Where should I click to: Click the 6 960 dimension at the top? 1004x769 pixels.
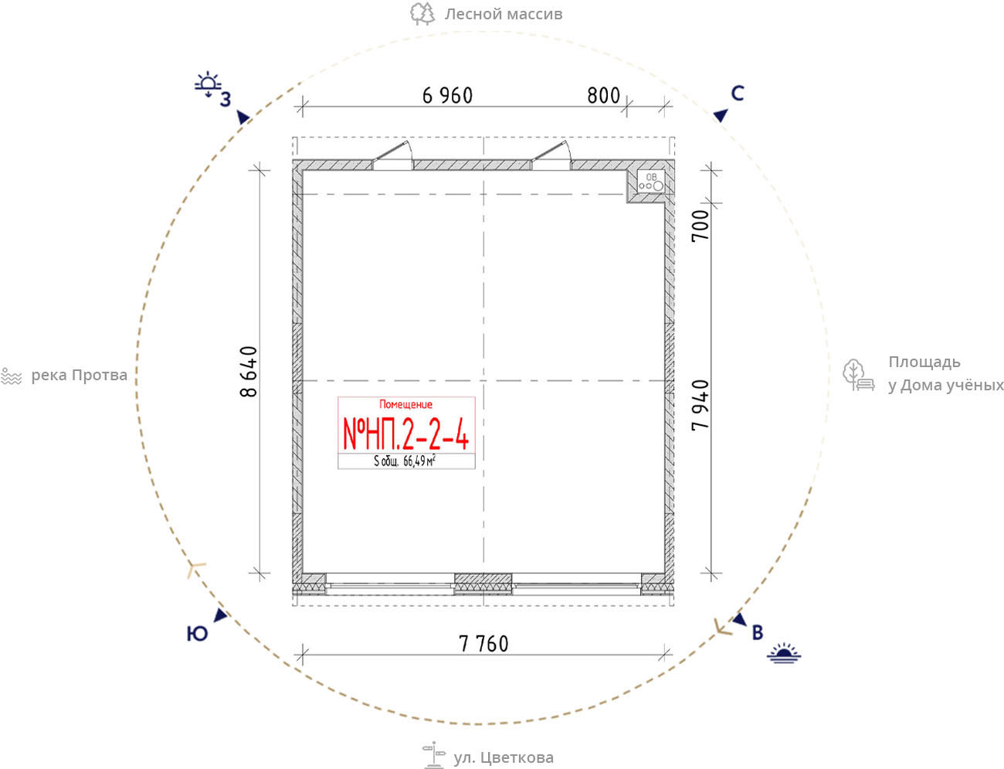(x=447, y=96)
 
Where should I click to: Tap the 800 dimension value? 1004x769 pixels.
(x=603, y=96)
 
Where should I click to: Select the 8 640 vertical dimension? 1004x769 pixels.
(x=249, y=371)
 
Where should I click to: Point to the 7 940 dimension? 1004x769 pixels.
(x=700, y=405)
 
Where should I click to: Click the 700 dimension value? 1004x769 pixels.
(x=700, y=225)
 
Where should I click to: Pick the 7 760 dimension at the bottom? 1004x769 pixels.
(x=483, y=644)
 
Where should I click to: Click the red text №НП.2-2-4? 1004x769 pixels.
(x=405, y=434)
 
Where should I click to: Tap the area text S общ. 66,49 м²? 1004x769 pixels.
(x=405, y=461)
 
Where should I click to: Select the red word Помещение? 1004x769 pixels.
(x=405, y=404)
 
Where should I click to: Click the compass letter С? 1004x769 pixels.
(x=738, y=94)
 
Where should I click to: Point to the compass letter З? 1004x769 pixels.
(x=226, y=100)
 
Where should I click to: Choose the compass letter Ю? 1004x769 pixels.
(x=197, y=634)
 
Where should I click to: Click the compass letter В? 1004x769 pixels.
(x=758, y=633)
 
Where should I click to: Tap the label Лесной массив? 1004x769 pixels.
(x=504, y=14)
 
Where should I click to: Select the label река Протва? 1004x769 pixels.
(x=79, y=376)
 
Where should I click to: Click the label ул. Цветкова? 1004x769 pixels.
(x=504, y=757)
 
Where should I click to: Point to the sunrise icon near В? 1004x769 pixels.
(x=784, y=653)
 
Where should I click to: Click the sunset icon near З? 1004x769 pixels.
(x=208, y=84)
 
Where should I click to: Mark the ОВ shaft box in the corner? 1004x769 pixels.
(x=651, y=182)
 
